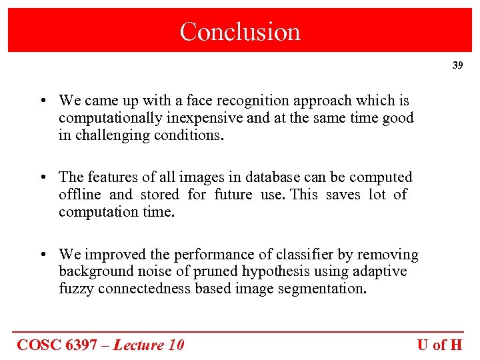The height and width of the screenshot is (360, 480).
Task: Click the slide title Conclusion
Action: [240, 31]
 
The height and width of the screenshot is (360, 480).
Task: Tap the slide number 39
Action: [457, 65]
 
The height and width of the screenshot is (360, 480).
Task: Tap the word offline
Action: [79, 195]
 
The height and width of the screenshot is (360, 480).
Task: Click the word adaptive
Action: [380, 272]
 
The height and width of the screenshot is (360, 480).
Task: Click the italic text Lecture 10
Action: [148, 345]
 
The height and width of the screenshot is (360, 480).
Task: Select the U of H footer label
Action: [439, 345]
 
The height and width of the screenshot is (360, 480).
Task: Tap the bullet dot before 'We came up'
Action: [42, 101]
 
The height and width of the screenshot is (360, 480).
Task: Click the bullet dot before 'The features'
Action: [42, 178]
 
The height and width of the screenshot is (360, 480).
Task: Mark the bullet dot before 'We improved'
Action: [42, 255]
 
